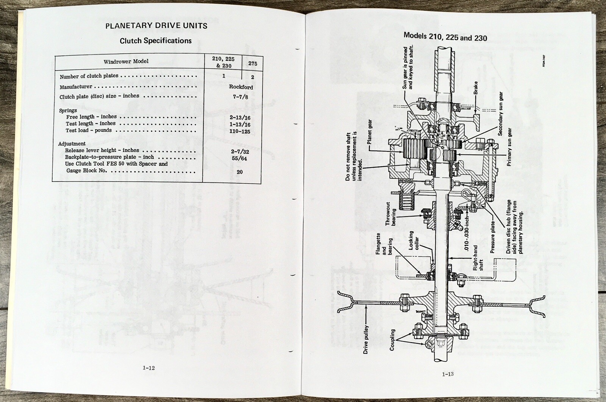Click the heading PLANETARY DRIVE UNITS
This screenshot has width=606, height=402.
pos(156,26)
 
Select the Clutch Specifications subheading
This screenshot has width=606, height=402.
pos(156,41)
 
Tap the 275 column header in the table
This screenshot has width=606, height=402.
pos(253,64)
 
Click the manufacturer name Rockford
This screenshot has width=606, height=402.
pos(241,87)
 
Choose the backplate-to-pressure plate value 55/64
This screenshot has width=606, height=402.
pos(239,158)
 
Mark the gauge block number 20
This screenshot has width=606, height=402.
pos(240,172)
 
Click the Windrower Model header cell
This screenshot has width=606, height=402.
pos(126,61)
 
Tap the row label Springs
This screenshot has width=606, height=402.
pos(68,111)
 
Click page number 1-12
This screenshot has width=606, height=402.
pos(149,368)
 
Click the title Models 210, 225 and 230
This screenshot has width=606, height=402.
pos(445,37)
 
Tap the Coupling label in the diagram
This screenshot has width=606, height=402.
pos(392,340)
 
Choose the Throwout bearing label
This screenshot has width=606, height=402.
pos(390,217)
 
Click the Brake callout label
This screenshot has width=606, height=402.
pos(476,88)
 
